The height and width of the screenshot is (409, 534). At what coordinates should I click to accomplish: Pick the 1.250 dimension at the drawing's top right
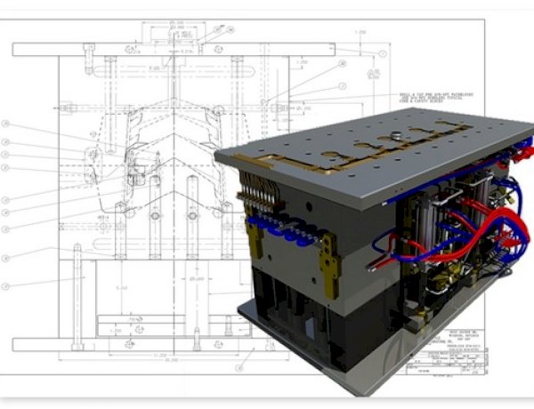pyautogui.click(x=361, y=33)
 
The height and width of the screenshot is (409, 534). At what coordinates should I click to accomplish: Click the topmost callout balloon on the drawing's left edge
pyautogui.click(x=6, y=124)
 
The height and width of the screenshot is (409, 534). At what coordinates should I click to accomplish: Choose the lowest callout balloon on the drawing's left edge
pyautogui.click(x=6, y=285)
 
